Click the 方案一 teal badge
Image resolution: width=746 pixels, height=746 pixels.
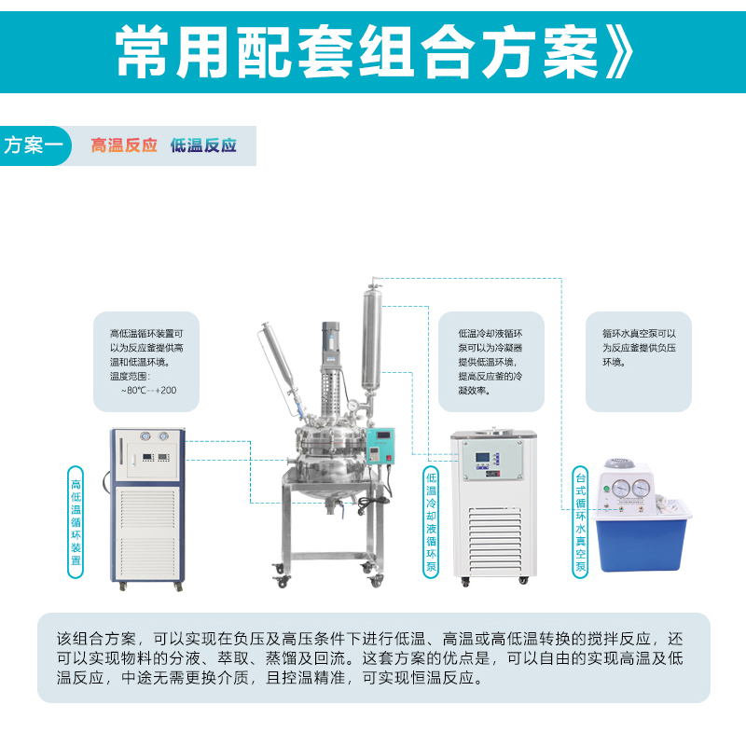tap(35, 145)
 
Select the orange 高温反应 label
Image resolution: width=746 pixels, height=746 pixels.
tap(124, 145)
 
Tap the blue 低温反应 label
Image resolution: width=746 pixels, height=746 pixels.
tap(203, 145)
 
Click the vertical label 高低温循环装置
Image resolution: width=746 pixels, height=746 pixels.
tap(76, 522)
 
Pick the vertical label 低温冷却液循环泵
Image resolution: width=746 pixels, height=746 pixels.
tap(431, 522)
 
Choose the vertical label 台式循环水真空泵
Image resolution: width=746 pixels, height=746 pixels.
tap(580, 522)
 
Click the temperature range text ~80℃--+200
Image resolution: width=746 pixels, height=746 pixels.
tap(148, 391)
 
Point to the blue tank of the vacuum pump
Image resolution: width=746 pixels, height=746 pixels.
tap(642, 540)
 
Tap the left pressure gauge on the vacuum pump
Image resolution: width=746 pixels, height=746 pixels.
tap(621, 488)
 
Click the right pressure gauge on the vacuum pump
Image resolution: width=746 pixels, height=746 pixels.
tap(641, 488)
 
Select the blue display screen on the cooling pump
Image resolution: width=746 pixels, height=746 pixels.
tap(482, 458)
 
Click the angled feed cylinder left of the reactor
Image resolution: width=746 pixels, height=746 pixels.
tap(280, 362)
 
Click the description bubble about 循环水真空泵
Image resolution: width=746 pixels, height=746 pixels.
tap(639, 362)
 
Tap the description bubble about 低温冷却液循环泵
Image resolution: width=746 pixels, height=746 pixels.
tap(491, 362)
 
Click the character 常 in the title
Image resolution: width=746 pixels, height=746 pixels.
tap(143, 51)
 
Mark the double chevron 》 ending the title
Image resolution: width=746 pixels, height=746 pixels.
tap(619, 51)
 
